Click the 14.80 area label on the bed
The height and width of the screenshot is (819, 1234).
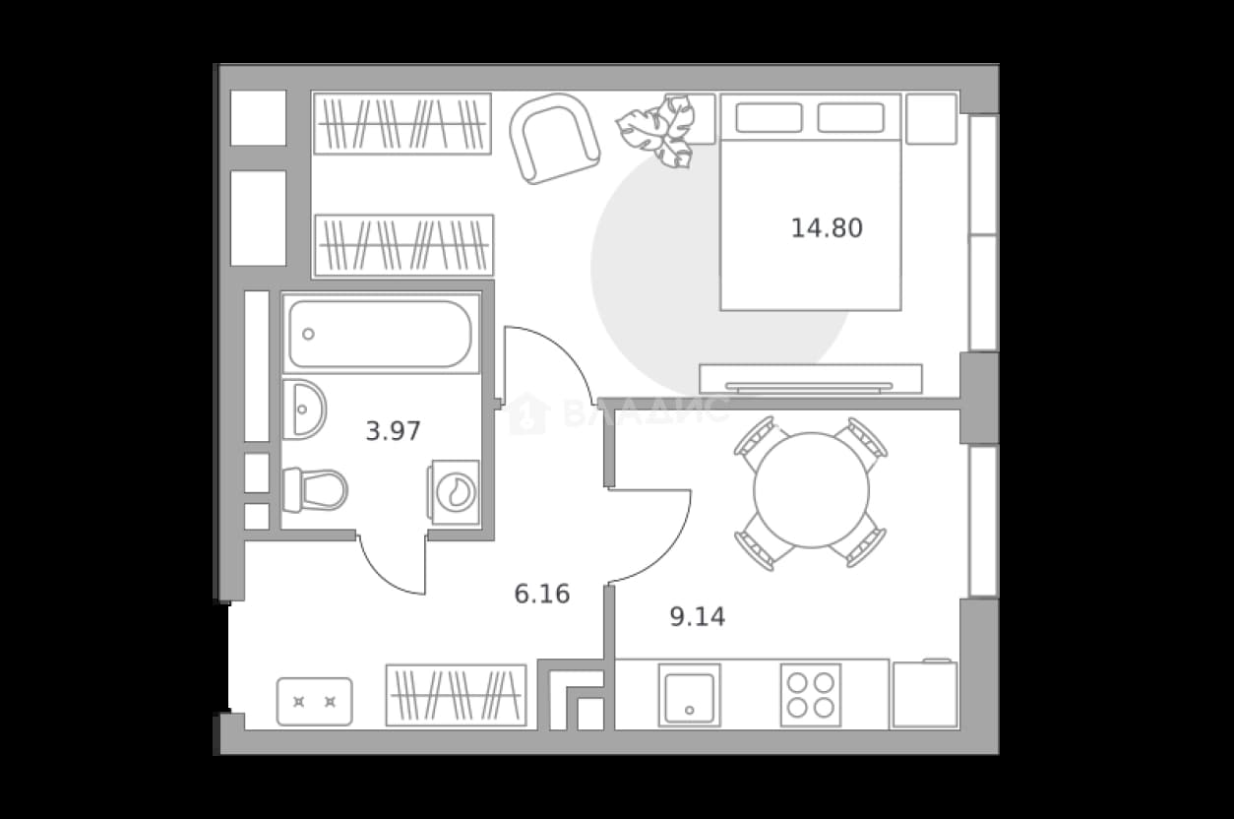point(827,228)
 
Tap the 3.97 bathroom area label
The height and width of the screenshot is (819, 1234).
point(393,431)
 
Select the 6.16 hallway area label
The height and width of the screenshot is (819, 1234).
point(541,594)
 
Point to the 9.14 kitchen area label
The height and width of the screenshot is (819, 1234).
point(698,617)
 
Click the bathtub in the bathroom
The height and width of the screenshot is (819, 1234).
point(381,334)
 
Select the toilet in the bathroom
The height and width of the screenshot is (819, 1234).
point(315,490)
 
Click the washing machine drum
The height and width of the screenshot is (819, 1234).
point(456,492)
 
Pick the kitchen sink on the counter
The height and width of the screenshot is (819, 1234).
point(689,695)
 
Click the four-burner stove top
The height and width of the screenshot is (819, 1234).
point(810,695)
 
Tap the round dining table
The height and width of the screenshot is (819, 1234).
point(811,490)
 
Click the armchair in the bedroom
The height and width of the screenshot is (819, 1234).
point(554,139)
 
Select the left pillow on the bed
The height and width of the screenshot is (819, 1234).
point(769,118)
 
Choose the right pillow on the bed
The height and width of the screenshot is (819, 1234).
point(850,118)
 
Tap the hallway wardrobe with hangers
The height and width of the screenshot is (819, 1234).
point(457,695)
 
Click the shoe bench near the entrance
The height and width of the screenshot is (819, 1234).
point(315,702)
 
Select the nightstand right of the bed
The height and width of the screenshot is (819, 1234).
point(931,118)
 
